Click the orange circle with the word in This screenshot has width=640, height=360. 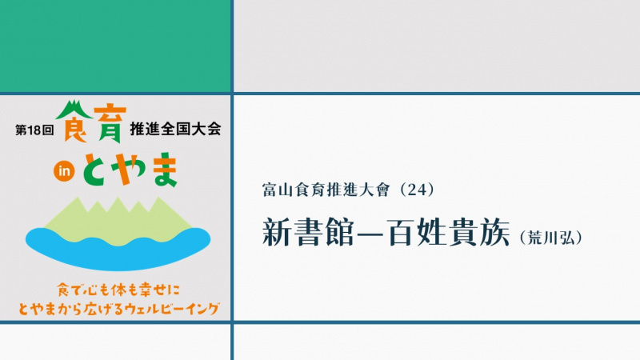tap(64, 171)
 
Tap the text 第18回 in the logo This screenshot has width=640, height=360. tap(34, 130)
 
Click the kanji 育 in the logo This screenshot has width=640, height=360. tap(110, 126)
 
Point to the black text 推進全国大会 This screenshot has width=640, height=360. tap(175, 129)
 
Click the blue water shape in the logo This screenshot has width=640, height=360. tap(118, 248)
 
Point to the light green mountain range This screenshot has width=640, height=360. tap(118, 222)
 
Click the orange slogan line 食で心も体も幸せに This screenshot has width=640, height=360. tap(118, 290)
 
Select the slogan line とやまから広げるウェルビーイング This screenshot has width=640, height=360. tap(118, 308)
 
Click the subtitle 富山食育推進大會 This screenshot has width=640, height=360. tap(326, 190)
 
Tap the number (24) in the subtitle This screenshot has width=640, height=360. tap(417, 190)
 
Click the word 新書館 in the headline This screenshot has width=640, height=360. tap(308, 232)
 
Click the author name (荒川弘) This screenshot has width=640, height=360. tap(551, 238)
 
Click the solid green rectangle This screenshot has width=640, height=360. tap(115, 46)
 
